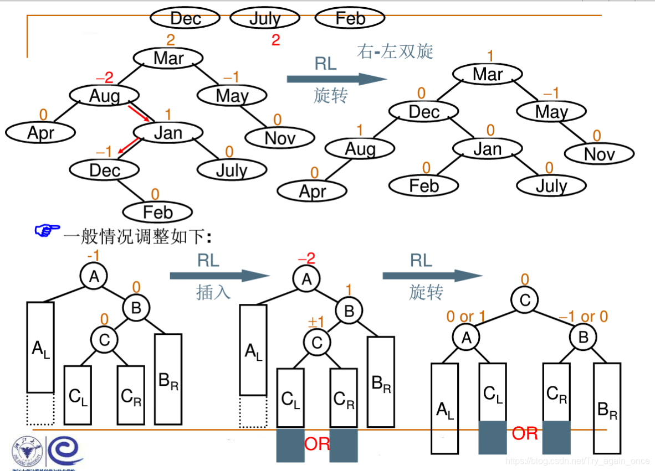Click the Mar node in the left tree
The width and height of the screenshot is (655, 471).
tap(168, 58)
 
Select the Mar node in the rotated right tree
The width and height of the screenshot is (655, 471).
tap(487, 74)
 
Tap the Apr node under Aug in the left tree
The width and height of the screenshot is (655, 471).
tap(40, 133)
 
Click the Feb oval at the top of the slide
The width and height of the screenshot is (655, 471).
tap(350, 18)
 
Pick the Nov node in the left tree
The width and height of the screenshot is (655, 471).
tap(280, 137)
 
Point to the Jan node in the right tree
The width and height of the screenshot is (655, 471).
tap(487, 148)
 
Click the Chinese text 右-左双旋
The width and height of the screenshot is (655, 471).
tap(395, 51)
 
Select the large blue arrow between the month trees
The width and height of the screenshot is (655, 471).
tap(336, 79)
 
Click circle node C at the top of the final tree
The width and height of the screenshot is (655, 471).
tap(525, 300)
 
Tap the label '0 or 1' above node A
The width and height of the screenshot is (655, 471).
tap(466, 317)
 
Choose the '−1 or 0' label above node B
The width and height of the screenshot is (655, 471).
tap(583, 317)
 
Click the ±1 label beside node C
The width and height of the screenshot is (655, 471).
tap(315, 323)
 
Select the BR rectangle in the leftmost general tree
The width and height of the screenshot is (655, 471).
tap(168, 379)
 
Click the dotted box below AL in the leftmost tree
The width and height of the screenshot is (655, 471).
tap(40, 409)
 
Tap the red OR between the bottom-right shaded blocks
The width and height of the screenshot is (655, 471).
tap(524, 433)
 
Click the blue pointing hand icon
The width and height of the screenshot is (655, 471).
tap(47, 231)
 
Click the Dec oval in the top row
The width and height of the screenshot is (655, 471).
tap(185, 18)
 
